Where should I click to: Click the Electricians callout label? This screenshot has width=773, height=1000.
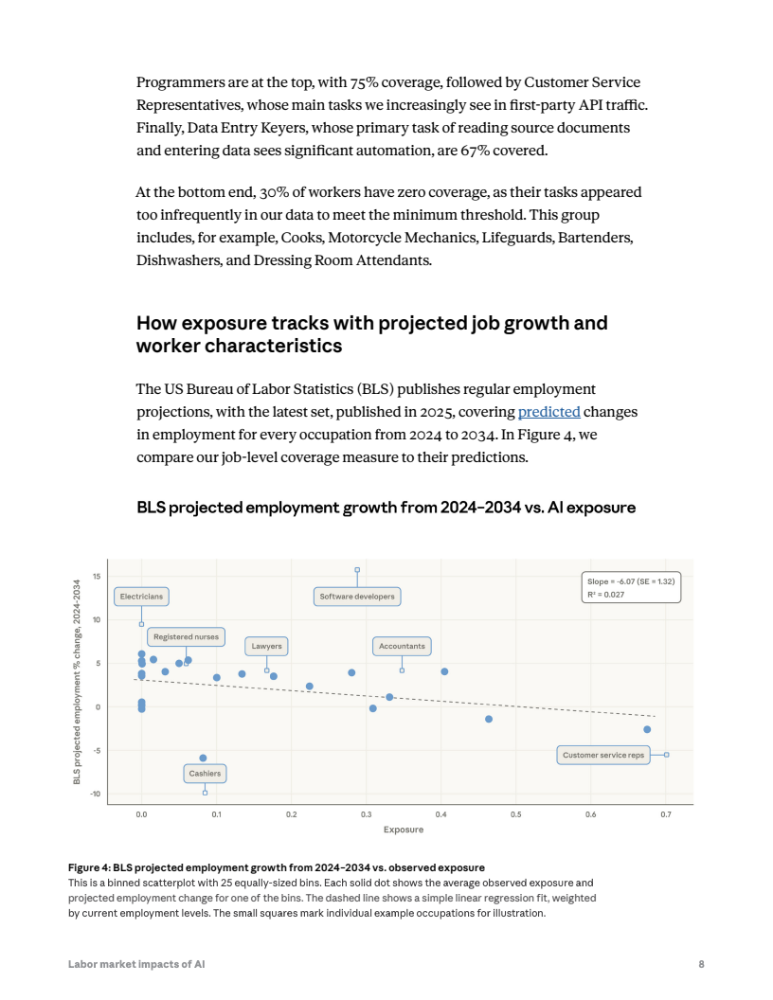tap(141, 597)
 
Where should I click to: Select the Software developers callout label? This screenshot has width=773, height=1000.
tap(357, 597)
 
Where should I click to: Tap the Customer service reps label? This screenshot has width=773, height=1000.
tap(603, 755)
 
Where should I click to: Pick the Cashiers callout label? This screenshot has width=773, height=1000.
tap(205, 774)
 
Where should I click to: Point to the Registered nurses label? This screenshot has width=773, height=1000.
tap(187, 637)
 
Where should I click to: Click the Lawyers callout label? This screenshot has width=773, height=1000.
tap(266, 647)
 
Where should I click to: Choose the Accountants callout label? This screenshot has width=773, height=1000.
tap(402, 647)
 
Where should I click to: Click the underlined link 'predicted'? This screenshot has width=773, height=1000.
tap(549, 412)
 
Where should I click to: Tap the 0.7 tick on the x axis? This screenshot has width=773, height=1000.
tap(665, 814)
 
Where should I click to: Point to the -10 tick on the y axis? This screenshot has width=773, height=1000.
tap(96, 795)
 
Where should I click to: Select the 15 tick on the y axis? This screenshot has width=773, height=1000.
tap(97, 576)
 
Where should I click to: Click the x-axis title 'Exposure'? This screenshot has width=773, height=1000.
tap(403, 830)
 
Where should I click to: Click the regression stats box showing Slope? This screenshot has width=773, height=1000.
tap(630, 588)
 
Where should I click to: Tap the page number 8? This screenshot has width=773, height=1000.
tap(701, 964)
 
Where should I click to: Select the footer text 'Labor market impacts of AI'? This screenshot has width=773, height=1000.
tap(136, 964)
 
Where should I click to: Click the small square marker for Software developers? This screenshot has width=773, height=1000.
tap(357, 570)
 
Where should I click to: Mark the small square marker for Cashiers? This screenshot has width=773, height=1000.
tap(205, 793)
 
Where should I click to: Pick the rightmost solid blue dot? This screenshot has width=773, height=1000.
tap(647, 729)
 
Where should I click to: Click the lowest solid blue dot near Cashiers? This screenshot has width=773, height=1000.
tap(203, 758)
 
